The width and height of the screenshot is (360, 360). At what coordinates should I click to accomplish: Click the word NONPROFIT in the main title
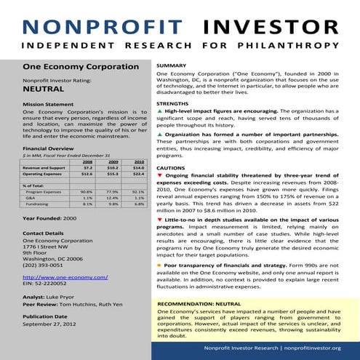pos(97,28)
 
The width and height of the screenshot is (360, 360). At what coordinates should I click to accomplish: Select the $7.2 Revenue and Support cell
pos(87,167)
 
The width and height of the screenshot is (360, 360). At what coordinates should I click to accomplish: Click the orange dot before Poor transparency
pos(159,266)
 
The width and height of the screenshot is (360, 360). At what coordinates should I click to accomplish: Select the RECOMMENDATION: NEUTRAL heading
pos(199,302)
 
